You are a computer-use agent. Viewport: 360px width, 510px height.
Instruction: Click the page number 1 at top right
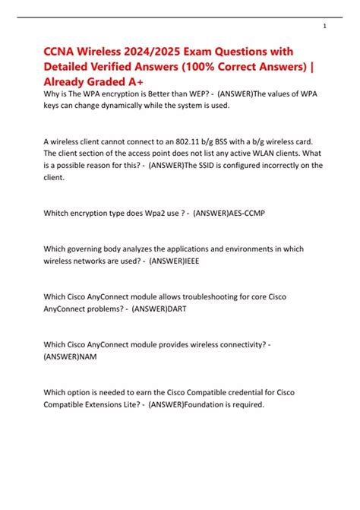[325, 26]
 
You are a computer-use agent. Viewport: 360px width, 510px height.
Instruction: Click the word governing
[90, 249]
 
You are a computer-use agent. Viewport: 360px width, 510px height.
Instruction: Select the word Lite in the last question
[131, 404]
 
